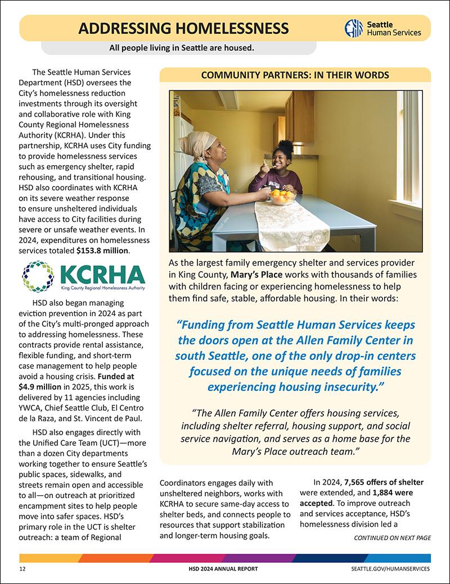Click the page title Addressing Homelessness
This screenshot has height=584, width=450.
(184, 28)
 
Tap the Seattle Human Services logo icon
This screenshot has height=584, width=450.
(353, 28)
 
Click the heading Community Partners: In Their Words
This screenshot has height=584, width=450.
(295, 75)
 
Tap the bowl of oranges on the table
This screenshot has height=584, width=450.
(281, 197)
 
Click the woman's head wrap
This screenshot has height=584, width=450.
(196, 143)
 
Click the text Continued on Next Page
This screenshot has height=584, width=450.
(392, 537)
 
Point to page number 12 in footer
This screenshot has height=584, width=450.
(23, 569)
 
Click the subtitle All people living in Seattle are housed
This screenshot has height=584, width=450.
(182, 48)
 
